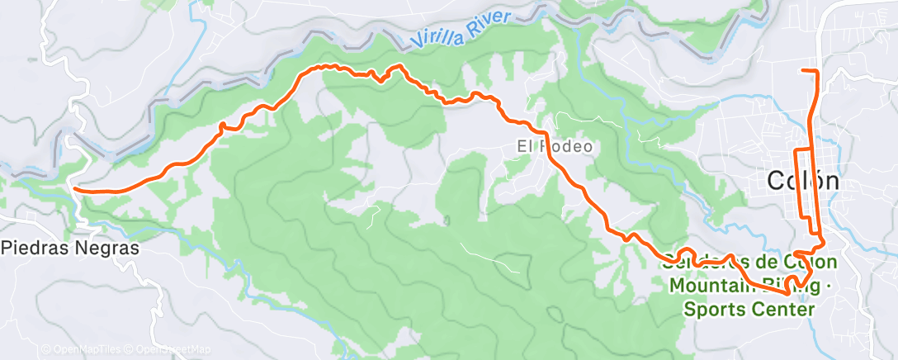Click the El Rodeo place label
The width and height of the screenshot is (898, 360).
click(555, 147)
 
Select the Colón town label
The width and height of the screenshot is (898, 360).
click(803, 181)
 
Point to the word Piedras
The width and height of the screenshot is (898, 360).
click(32, 247)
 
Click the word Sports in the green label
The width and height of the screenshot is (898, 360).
click(716, 309)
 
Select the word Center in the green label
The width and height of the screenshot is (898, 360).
click(783, 309)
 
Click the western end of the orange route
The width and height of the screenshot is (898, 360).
click(75, 189)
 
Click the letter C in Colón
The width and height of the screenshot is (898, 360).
click(777, 181)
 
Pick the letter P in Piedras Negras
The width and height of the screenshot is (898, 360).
click(8, 247)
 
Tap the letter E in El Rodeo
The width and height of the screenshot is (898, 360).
click(522, 147)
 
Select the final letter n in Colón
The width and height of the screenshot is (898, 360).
click(830, 182)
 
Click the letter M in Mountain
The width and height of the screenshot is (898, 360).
click(678, 286)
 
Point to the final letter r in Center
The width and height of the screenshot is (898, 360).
click(811, 309)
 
